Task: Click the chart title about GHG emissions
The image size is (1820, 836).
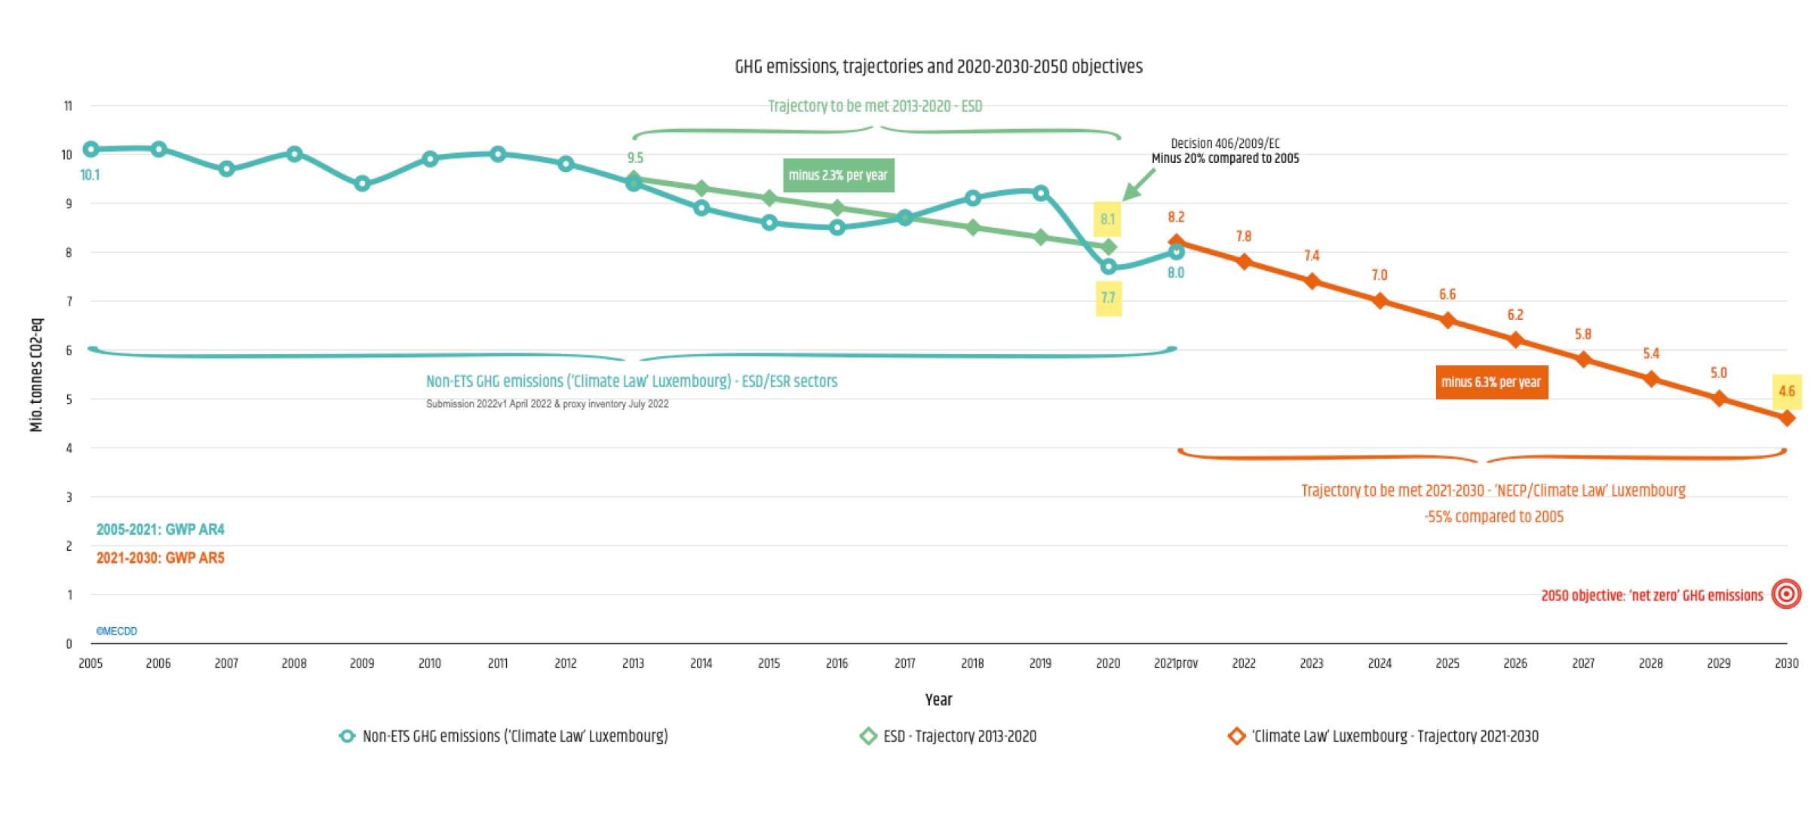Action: point(938,66)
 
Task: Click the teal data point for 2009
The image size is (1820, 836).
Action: point(362,183)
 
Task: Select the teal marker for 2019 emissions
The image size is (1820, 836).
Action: point(1041,193)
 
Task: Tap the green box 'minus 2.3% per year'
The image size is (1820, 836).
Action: point(838,175)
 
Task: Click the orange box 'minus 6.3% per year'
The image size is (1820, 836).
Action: point(1491,382)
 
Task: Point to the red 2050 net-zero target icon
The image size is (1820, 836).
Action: point(1786,594)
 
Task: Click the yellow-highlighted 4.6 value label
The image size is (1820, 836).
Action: point(1786,391)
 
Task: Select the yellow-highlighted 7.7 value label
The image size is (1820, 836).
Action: point(1108,297)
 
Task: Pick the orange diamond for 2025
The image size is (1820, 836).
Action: point(1447,321)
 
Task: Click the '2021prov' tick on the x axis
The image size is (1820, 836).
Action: point(1175,663)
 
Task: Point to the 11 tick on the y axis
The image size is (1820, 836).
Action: point(68,106)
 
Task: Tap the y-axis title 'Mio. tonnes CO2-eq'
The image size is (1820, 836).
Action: point(36,375)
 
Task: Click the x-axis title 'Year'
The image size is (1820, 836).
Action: point(938,699)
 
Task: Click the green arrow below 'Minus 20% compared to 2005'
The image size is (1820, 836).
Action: point(1140,184)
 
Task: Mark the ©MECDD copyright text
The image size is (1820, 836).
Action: point(116,631)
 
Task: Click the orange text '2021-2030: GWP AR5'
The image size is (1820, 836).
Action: point(160,558)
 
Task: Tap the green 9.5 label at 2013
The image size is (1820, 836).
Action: point(635,158)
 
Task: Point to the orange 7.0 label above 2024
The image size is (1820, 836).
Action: point(1379,275)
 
